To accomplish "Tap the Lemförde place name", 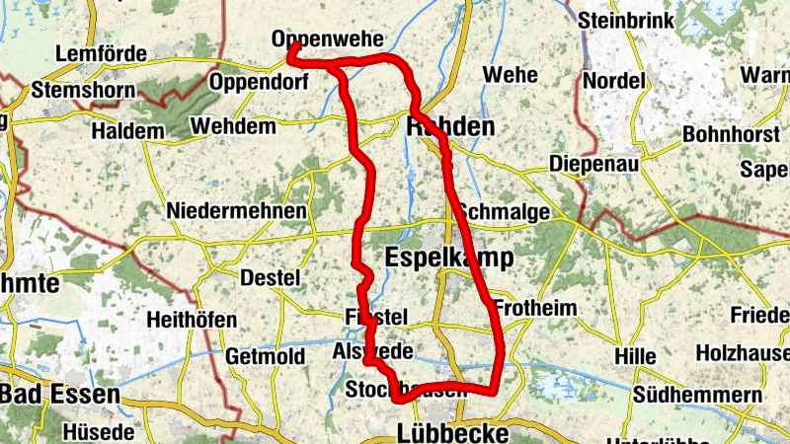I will (102, 53).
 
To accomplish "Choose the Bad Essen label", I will (59, 395).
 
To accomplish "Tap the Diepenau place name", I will (593, 162).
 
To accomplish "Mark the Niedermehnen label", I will (236, 211).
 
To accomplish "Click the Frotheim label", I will (534, 308).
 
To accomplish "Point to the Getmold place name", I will (264, 355).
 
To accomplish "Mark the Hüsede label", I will (97, 432).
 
